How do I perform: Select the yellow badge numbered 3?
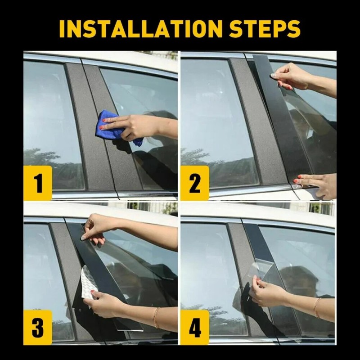(38, 327)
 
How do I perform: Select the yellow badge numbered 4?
(195, 327)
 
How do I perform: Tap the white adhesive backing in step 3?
(88, 281)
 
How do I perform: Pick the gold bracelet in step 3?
(156, 317)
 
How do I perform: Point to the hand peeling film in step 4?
(270, 292)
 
